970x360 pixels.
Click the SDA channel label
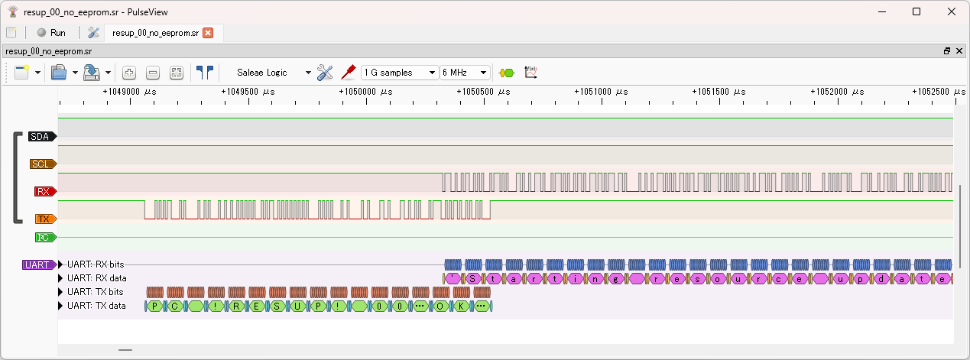(41, 137)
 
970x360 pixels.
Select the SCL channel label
(41, 164)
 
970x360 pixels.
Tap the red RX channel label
(44, 192)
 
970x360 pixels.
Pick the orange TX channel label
(44, 219)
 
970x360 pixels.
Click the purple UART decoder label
(37, 265)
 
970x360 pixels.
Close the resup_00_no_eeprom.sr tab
(208, 33)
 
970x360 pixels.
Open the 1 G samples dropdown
(401, 73)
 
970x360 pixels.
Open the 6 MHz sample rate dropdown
(465, 73)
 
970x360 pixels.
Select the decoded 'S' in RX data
(474, 278)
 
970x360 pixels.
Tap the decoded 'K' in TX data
(461, 306)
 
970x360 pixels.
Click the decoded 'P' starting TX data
(154, 306)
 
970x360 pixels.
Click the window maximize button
(916, 11)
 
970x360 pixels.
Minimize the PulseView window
(881, 11)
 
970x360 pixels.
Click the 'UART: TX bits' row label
(96, 292)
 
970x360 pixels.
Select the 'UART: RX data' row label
(96, 278)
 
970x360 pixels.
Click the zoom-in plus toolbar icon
(129, 73)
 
